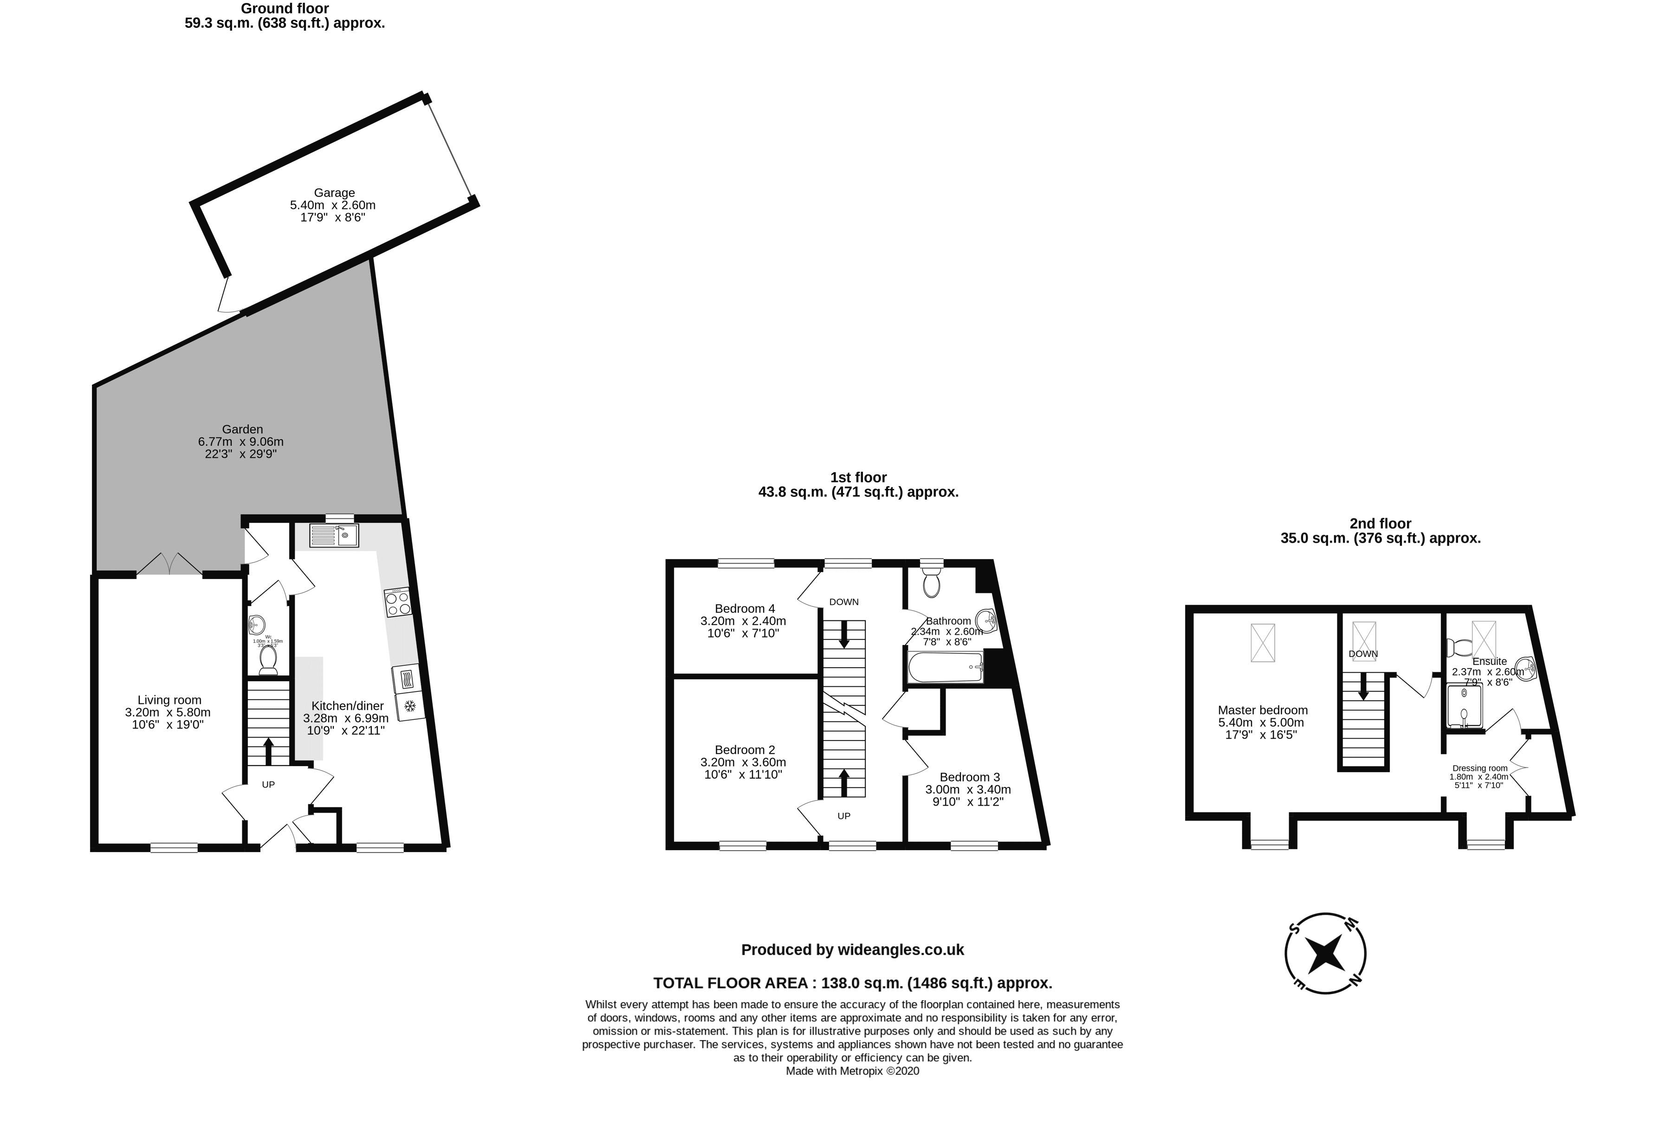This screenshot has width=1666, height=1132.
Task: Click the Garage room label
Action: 334,193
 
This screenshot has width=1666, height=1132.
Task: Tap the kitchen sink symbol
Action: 334,535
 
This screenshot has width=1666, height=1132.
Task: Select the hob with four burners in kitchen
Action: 398,602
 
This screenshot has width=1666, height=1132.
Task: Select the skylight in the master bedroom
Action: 1263,642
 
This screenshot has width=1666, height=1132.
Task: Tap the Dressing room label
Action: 1479,768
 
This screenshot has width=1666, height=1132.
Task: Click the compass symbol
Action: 1325,954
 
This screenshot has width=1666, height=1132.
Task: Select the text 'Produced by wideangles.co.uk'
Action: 852,950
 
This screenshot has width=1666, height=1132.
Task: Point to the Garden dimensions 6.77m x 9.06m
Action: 241,442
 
